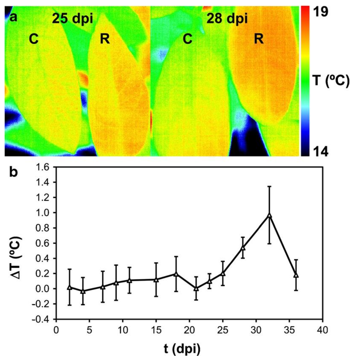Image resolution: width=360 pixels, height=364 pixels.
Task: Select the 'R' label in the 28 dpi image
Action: point(258,39)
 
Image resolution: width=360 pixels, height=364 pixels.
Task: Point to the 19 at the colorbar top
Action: point(329,13)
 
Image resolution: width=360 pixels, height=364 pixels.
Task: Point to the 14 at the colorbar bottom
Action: point(329,151)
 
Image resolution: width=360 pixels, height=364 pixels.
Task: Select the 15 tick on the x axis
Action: point(156,330)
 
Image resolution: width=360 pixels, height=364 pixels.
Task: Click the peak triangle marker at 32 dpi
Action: point(269,215)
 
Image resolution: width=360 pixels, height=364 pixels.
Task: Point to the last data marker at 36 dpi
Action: point(296,275)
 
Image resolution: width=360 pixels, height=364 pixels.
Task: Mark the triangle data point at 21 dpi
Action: point(196,289)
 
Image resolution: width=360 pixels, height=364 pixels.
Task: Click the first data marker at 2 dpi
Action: point(69,287)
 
